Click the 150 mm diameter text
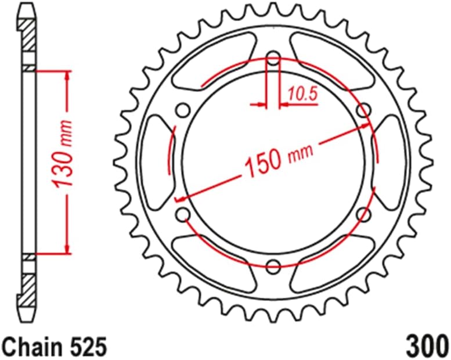pos(277,160)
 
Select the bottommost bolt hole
pos(273,267)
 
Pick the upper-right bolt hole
pos(364,110)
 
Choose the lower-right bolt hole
pos(364,215)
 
